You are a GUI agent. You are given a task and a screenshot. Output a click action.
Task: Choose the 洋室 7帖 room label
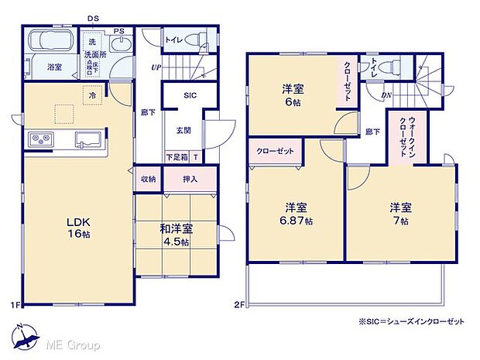(399, 213)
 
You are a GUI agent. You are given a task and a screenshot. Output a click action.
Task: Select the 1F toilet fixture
(199, 39)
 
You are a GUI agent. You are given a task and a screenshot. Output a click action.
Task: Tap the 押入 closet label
(189, 179)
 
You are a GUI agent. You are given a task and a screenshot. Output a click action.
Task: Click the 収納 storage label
(148, 179)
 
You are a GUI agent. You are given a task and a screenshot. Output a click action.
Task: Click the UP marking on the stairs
(156, 67)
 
